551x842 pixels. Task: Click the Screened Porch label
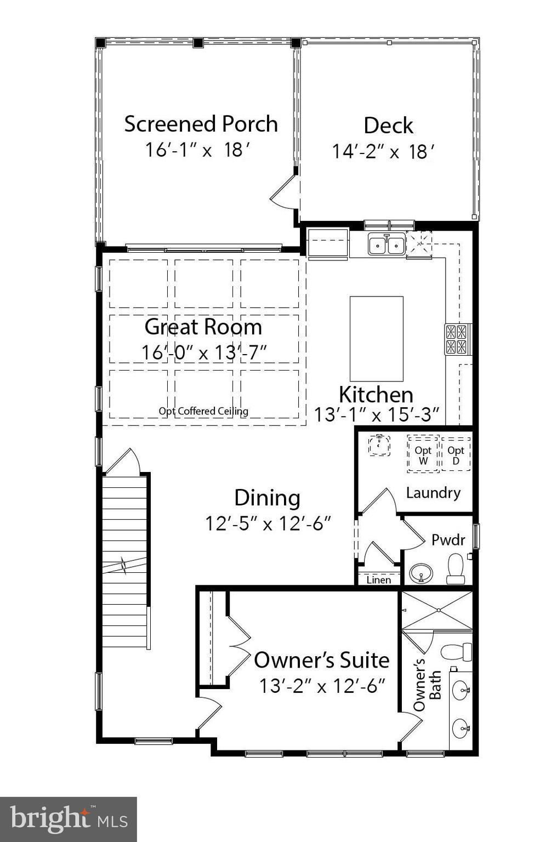point(201,124)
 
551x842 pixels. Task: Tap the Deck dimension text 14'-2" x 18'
point(383,152)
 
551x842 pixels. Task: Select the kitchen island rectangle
point(376,339)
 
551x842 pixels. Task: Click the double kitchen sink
point(387,244)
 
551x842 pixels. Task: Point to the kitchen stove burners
point(456,339)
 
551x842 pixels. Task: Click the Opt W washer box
point(423,454)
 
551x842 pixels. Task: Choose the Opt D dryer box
point(456,454)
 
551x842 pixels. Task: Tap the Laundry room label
point(433,493)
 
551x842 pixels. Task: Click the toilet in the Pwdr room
point(456,568)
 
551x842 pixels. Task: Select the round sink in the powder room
point(421,573)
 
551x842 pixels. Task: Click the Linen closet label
point(378,580)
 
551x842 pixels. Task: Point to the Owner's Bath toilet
point(456,651)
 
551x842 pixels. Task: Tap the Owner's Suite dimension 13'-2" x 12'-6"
point(322,686)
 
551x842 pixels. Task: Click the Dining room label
point(267,498)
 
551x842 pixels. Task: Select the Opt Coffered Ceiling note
point(203,411)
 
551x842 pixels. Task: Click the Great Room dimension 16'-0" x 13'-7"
point(204,352)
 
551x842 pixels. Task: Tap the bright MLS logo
point(69,818)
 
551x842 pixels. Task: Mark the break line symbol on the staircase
point(124,565)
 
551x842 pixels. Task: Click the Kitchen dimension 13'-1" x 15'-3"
point(376,415)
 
